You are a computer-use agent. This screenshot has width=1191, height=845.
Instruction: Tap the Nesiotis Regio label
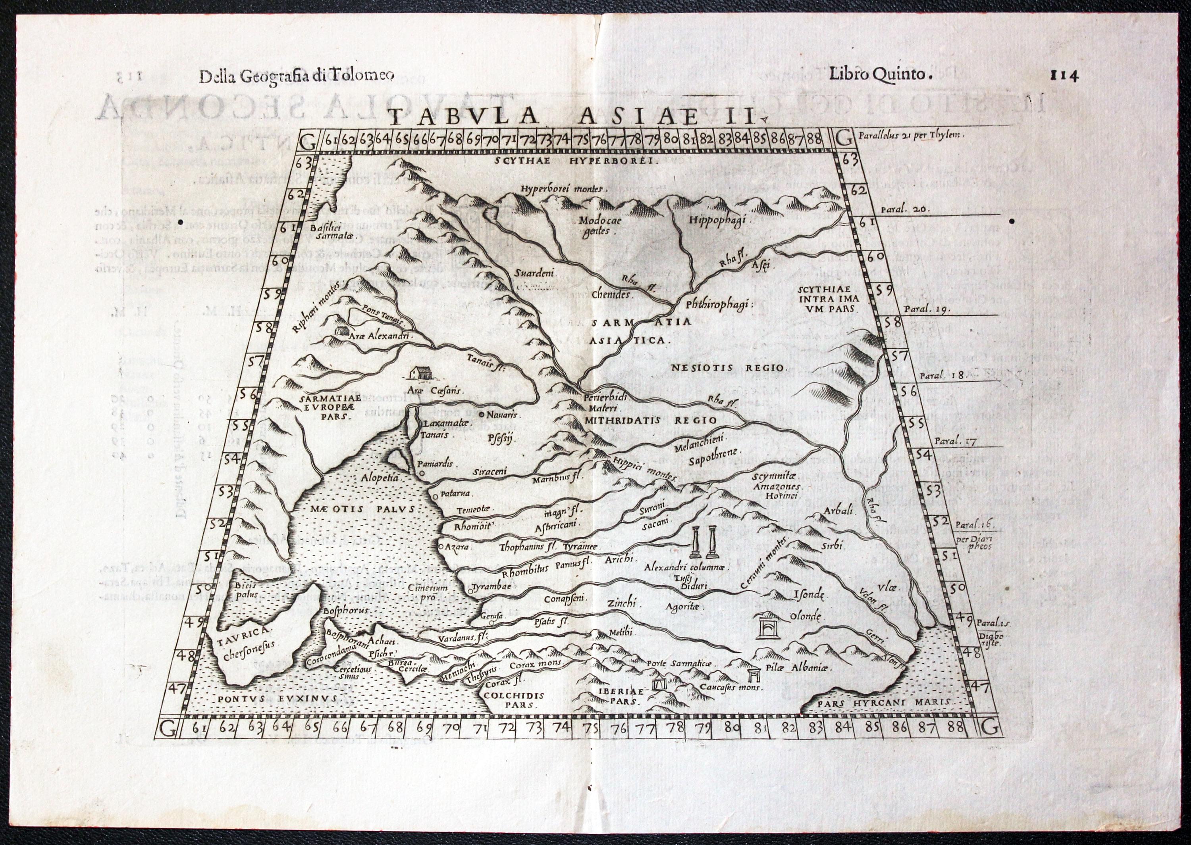point(730,367)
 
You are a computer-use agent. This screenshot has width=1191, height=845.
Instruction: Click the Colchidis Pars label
point(513,700)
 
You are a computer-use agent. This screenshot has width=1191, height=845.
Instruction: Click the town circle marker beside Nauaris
point(482,415)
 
